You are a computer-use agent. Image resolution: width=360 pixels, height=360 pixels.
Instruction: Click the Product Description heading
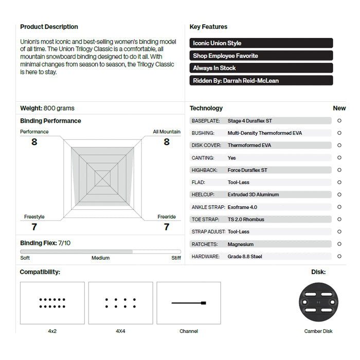pos(49,27)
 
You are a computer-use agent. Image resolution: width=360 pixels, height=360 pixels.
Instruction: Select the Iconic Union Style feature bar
pos(261,43)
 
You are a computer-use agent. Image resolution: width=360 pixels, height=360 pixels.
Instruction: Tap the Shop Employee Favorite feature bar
pos(261,56)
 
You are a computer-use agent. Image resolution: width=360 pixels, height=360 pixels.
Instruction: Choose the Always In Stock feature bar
pos(261,68)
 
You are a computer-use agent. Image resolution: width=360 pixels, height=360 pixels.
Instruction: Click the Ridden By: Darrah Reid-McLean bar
pos(261,81)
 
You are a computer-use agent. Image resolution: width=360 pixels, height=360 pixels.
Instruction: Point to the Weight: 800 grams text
pos(47,109)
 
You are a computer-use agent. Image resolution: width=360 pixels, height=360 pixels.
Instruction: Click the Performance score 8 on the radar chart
pos(34,142)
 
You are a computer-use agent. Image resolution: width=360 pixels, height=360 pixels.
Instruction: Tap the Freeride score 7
pos(166,227)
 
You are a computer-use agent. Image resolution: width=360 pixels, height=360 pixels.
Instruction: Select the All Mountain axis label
pos(167,132)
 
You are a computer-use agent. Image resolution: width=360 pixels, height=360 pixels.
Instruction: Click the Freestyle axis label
pos(34,217)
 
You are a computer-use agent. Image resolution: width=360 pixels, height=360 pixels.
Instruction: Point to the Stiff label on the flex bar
pos(176,258)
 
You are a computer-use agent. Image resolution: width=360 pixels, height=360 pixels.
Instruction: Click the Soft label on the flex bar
pos(25,258)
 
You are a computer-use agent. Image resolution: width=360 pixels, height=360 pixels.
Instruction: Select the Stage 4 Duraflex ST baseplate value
pos(249,121)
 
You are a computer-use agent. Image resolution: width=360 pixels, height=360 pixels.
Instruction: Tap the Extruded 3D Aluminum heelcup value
pos(253,195)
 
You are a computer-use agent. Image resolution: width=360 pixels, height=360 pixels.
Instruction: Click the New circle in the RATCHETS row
pos(339,244)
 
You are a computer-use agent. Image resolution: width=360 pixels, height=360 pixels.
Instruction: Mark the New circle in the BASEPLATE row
pos(339,121)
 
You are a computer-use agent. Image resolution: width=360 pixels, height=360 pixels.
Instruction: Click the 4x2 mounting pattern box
pos(52,303)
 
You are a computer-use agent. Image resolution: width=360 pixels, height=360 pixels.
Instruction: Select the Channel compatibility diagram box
pos(189,303)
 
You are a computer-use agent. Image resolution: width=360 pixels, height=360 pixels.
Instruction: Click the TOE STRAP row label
pos(206,220)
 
